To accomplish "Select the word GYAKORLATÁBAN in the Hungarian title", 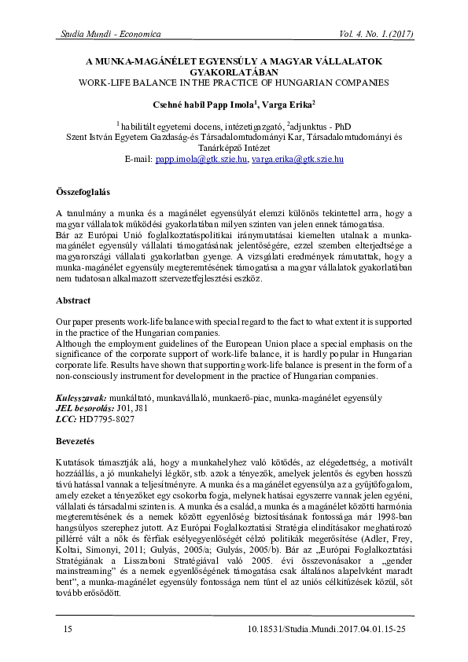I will tap(234, 70).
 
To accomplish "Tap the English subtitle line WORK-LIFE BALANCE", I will tap(234, 82).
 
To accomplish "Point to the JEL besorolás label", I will tap(84, 410).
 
